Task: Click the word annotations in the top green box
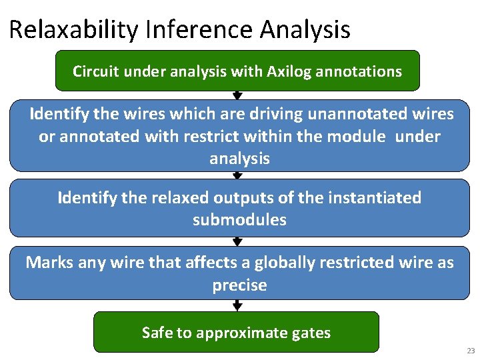click(x=362, y=71)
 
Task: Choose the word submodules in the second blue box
click(x=239, y=220)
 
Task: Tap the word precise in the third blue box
click(x=239, y=285)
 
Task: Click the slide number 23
click(x=471, y=351)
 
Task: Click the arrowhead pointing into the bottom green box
click(x=237, y=307)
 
